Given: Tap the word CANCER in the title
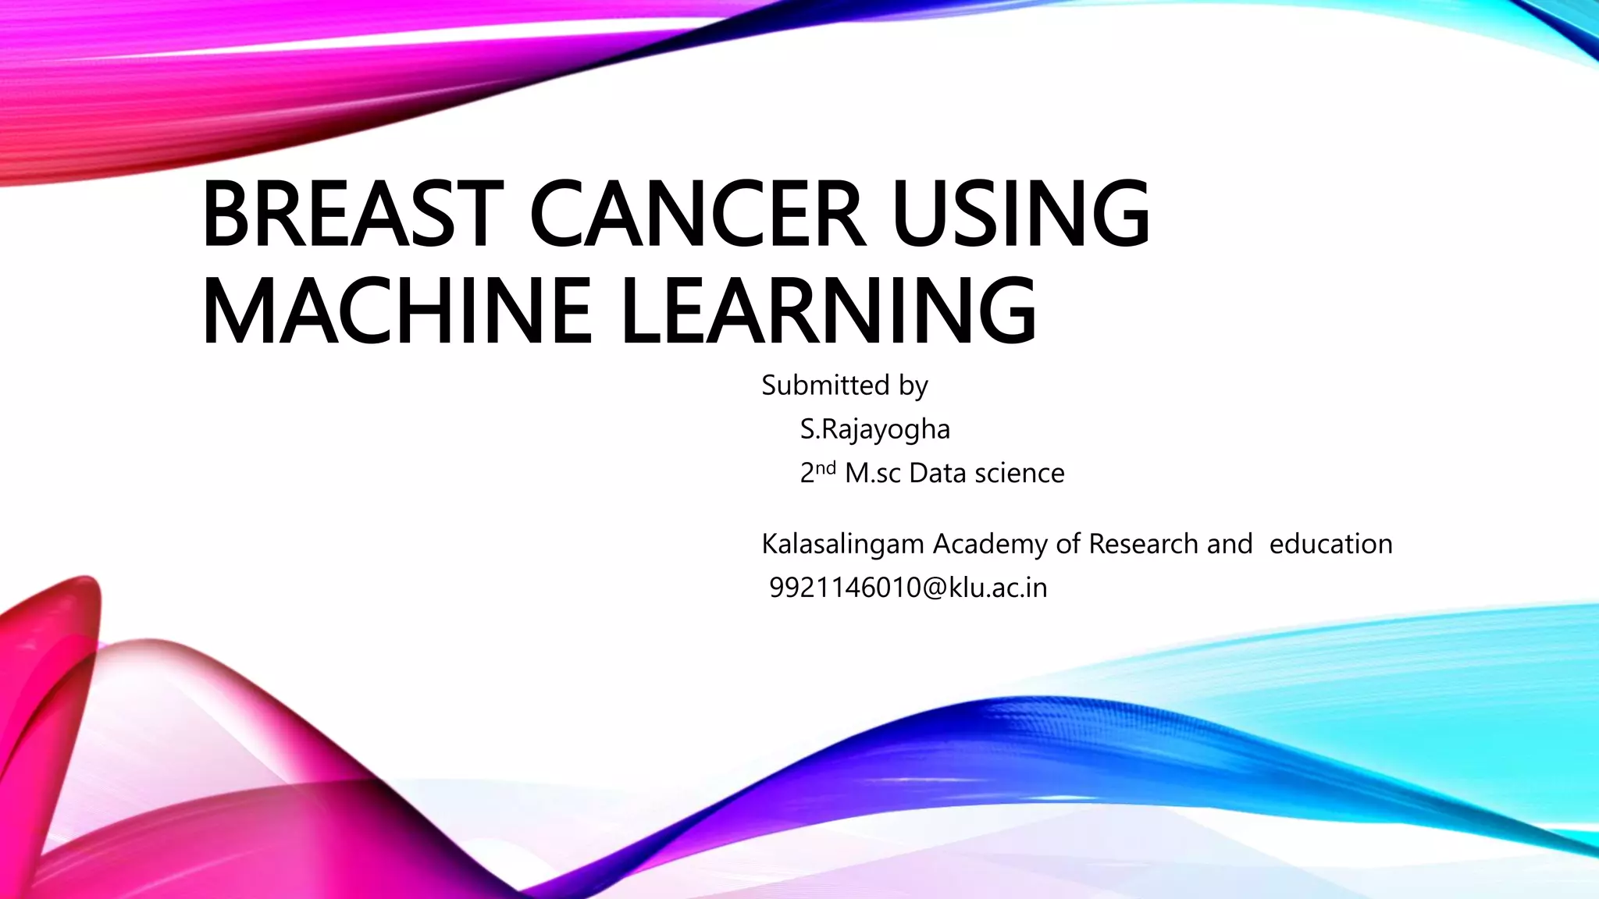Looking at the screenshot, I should [x=697, y=212].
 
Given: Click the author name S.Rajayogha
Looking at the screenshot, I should [x=874, y=429].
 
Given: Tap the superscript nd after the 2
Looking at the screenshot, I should [x=826, y=467].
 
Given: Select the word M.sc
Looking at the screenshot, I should [x=873, y=473].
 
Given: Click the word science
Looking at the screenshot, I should [x=1019, y=473].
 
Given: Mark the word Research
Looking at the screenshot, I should [x=1143, y=544].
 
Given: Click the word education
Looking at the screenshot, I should [x=1330, y=544].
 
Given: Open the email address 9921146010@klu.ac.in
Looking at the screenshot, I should [x=908, y=588].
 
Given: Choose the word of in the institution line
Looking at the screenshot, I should [x=1067, y=544].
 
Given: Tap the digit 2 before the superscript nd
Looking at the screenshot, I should [x=807, y=474].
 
